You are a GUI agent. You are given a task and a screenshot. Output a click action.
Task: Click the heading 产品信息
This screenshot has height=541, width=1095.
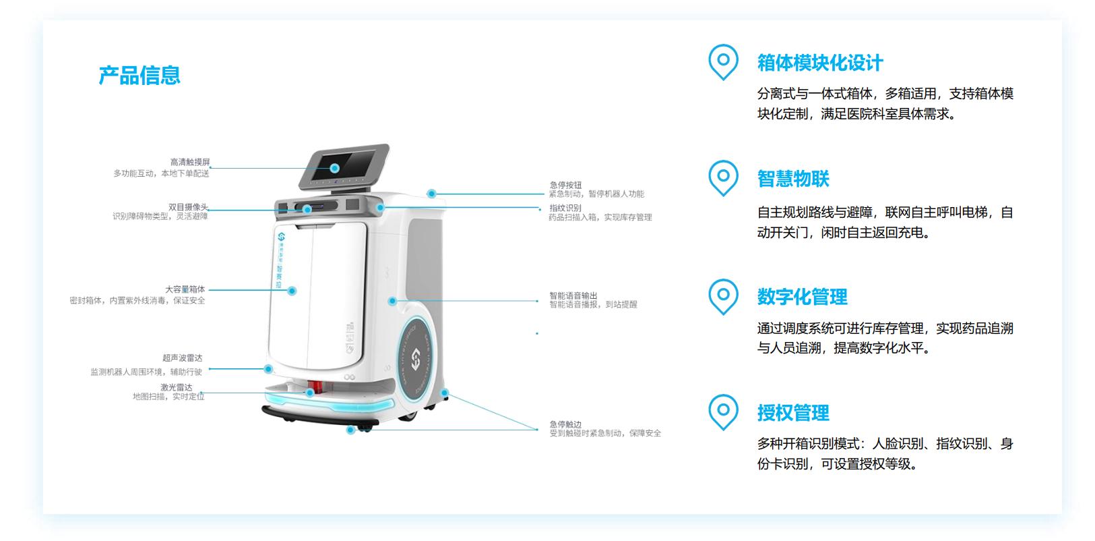[x=139, y=76]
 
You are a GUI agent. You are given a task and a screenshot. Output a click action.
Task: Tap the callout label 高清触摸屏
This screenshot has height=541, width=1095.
[x=190, y=163]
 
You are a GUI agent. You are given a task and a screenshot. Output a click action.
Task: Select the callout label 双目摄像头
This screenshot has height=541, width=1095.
[x=188, y=207]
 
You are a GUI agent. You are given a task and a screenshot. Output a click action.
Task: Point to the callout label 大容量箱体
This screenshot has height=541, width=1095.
[x=185, y=289]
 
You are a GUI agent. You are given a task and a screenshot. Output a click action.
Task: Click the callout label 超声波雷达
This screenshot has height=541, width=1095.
[x=182, y=358]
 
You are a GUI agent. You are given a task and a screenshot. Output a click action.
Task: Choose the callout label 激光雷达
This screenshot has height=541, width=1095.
[x=177, y=387]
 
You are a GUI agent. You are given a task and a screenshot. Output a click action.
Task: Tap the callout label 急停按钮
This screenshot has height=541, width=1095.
[x=565, y=185]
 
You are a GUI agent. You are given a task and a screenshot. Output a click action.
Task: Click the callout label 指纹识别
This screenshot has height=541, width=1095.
[x=565, y=208]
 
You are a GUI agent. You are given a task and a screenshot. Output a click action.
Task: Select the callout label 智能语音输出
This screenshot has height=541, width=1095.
[x=573, y=295]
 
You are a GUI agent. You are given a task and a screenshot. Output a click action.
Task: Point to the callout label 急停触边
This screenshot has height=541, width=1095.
[x=565, y=424]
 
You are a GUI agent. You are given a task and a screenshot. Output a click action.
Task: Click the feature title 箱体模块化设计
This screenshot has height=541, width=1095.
[x=820, y=63]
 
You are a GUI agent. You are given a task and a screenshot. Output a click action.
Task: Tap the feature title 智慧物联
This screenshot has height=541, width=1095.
[x=793, y=179]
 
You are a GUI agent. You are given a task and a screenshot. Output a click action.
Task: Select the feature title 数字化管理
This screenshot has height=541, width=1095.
[x=802, y=297]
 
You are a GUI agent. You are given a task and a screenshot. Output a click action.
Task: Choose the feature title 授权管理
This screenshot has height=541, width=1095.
[x=793, y=413]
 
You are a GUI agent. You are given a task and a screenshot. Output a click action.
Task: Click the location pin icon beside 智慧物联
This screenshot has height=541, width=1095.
[x=723, y=177]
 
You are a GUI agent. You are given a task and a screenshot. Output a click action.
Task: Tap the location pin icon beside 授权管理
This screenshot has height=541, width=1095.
[x=723, y=411]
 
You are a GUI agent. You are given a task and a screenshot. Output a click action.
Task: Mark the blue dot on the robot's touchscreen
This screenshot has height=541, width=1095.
[x=335, y=168]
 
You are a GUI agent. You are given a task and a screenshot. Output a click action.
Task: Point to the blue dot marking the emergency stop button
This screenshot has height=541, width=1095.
[x=431, y=194]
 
